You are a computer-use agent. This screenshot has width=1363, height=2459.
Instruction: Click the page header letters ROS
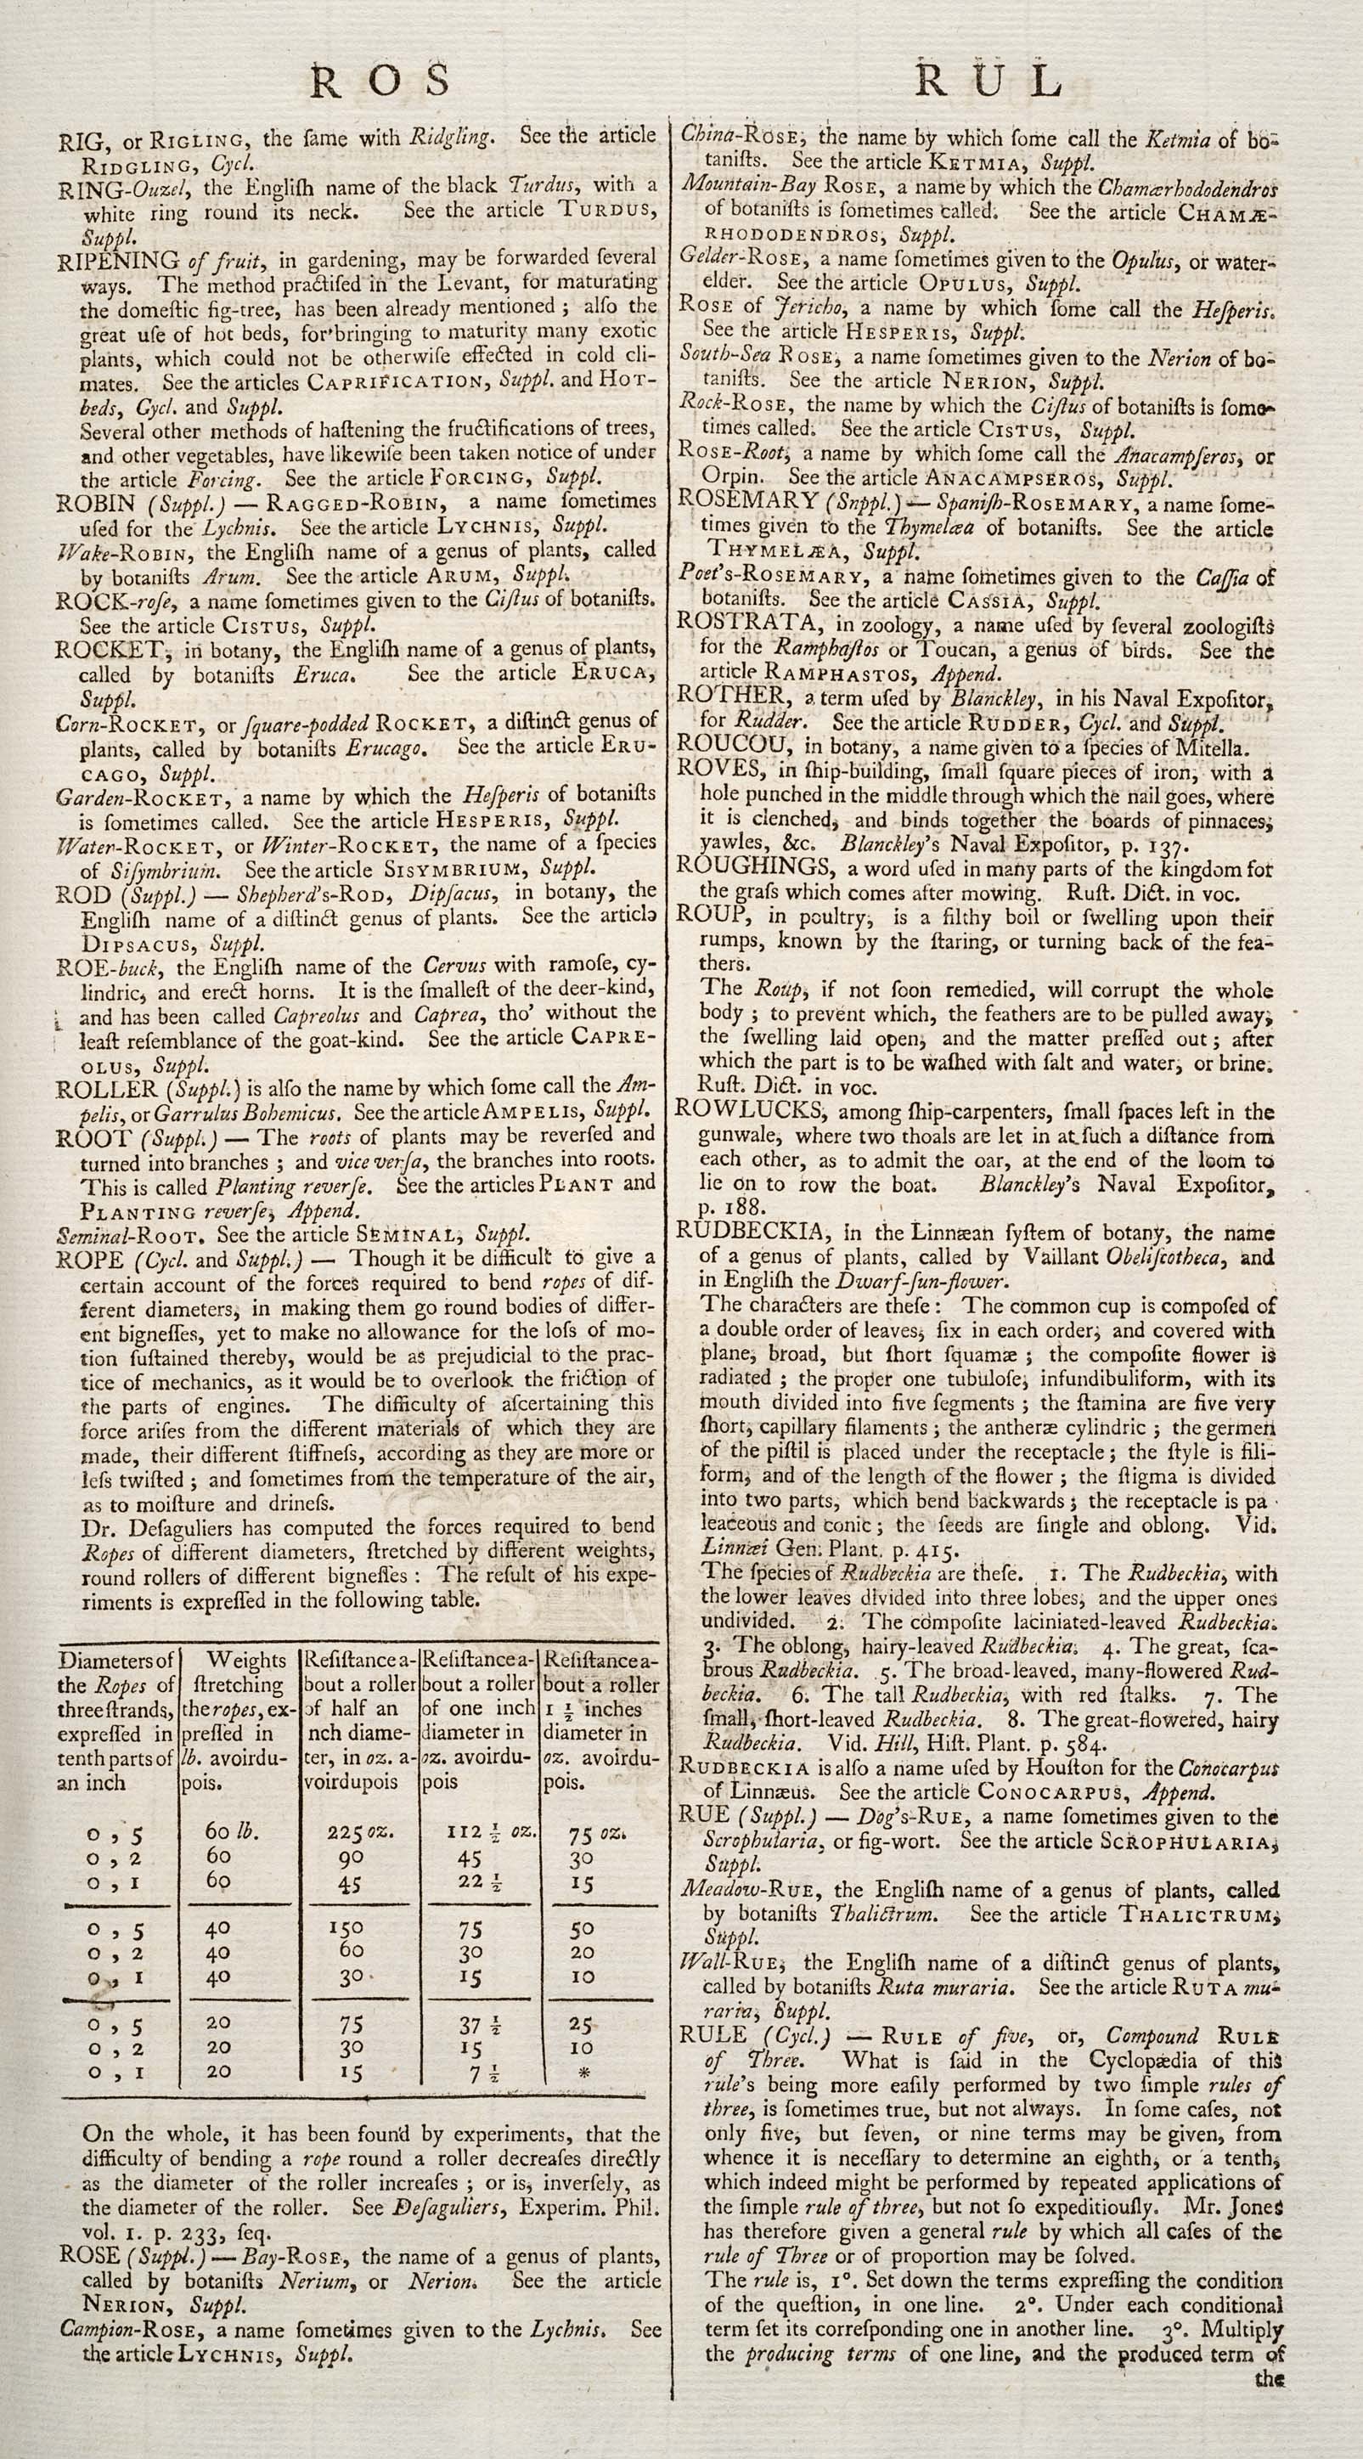click(380, 82)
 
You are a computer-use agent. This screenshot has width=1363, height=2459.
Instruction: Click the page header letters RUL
click(988, 82)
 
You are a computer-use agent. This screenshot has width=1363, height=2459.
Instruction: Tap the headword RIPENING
click(118, 260)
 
